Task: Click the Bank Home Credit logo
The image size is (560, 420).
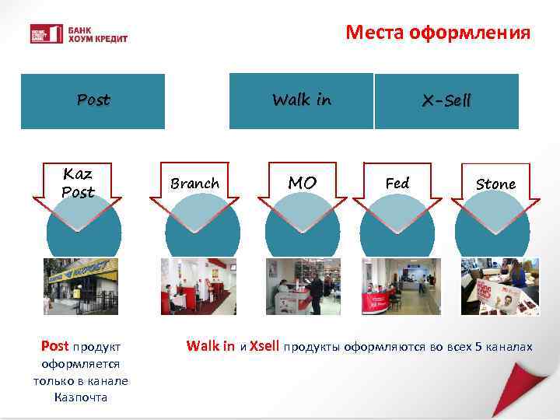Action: [x=78, y=34]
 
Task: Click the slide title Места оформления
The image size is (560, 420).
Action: [x=438, y=33]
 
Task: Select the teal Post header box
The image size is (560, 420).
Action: [x=93, y=101]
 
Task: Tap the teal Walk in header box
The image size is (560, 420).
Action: [x=301, y=101]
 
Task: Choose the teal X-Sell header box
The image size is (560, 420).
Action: [x=446, y=101]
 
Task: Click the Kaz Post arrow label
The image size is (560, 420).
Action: [x=78, y=184]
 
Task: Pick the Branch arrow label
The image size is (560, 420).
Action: [x=194, y=184]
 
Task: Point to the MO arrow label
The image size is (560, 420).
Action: [x=302, y=184]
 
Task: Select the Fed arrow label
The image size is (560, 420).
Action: [x=397, y=184]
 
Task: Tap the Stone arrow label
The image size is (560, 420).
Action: [x=495, y=184]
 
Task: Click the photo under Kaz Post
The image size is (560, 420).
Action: [x=81, y=286]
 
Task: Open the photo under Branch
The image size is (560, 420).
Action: [x=198, y=286]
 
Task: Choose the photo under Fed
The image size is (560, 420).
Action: [x=401, y=286]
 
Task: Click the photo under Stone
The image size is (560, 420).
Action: [x=499, y=286]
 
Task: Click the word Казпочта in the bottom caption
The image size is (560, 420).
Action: [x=80, y=397]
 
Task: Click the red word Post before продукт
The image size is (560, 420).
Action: [x=54, y=346]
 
